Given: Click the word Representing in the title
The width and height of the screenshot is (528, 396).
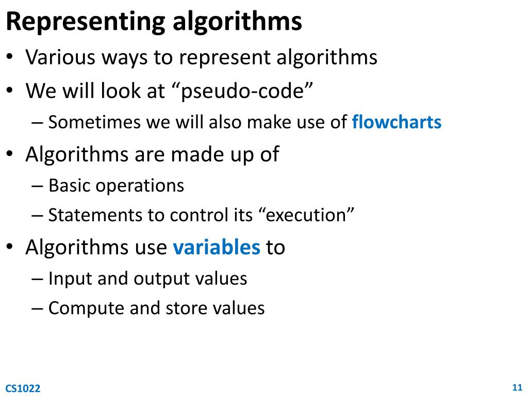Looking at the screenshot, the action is coord(85,22).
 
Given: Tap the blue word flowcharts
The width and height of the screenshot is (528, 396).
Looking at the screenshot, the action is coord(397,123).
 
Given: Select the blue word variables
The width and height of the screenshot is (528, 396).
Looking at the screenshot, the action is coord(217,247).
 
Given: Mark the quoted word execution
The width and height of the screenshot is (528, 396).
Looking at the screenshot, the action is coord(306,215).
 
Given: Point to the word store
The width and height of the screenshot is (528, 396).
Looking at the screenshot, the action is coord(185,308).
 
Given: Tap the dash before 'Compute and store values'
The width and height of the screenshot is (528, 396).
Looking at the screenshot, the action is coord(37,308).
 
